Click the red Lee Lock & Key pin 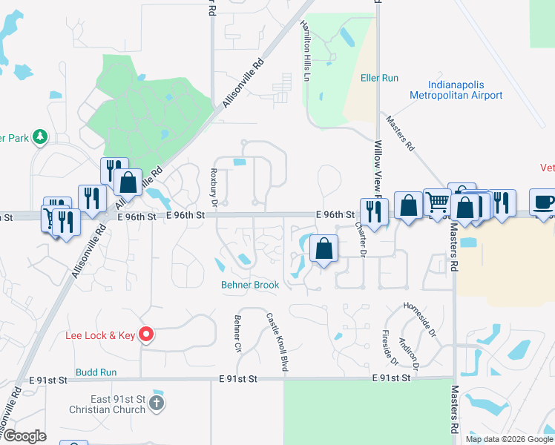(146, 335)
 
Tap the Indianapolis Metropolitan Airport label (456, 90)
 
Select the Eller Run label (379, 78)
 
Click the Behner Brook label (249, 285)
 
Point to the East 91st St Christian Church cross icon (156, 403)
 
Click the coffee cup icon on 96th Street (542, 202)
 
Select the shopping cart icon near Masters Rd (436, 202)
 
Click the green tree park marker (39, 136)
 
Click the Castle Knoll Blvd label (277, 341)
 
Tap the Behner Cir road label (238, 333)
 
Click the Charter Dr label (361, 240)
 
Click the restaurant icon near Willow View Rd (374, 211)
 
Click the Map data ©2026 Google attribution (509, 439)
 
